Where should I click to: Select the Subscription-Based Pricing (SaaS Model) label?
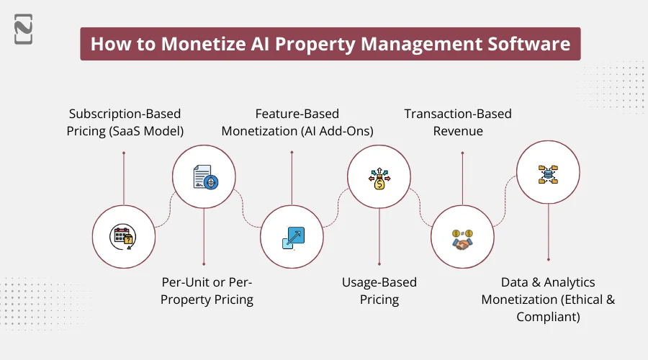pos(125,122)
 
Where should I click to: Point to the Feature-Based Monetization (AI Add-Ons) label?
pos(292,122)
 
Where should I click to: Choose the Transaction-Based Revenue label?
pos(458,122)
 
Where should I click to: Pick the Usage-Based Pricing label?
pos(379,291)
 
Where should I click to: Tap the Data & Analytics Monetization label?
pos(549,299)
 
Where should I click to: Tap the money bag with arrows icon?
pos(379,176)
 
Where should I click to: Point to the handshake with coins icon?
pos(462,238)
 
